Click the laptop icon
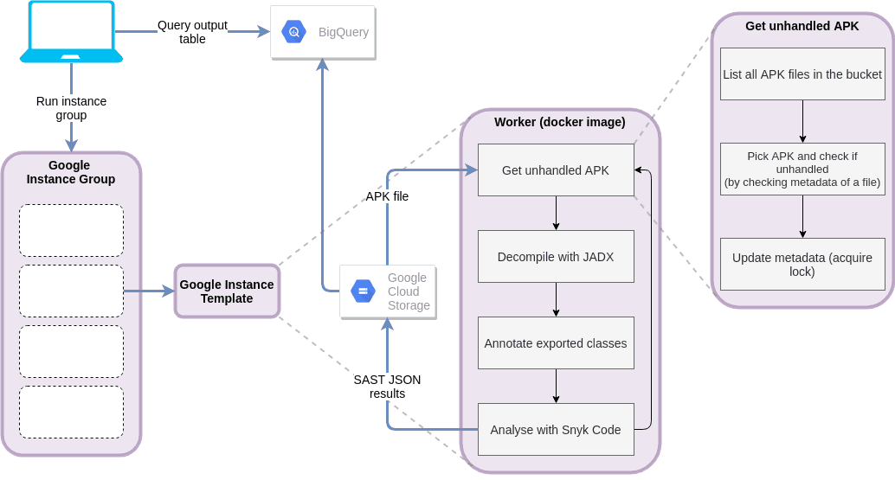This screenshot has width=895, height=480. tap(71, 32)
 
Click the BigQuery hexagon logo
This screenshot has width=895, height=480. tap(293, 32)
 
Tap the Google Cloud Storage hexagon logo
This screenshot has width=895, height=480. tap(363, 291)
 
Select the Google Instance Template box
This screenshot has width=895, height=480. tap(227, 291)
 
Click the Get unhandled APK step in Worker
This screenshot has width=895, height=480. tap(556, 170)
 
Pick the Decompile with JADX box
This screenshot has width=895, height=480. tap(556, 257)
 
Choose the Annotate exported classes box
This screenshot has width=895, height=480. tap(556, 343)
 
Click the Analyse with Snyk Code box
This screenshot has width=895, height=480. tap(556, 430)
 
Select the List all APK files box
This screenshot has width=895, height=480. tap(802, 74)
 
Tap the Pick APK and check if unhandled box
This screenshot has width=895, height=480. tap(802, 169)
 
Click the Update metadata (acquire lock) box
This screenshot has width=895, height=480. tap(802, 264)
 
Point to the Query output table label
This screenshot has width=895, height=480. tap(192, 32)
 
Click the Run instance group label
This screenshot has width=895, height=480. tap(71, 108)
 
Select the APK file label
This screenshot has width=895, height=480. tap(387, 196)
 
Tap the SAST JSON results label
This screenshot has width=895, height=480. tap(387, 386)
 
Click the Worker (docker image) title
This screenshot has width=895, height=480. tap(559, 122)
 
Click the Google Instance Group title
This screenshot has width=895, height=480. tap(70, 172)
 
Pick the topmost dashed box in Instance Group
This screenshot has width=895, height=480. tap(71, 230)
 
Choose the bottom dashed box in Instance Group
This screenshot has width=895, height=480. tap(71, 412)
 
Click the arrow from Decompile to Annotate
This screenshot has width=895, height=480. tap(556, 300)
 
